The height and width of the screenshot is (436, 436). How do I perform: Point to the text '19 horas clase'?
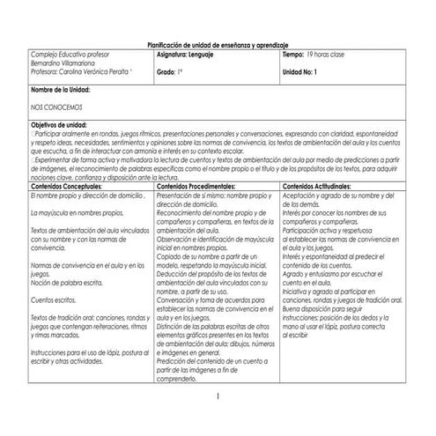pyautogui.click(x=339, y=54)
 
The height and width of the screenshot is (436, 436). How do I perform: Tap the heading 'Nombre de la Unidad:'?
pyautogui.click(x=61, y=90)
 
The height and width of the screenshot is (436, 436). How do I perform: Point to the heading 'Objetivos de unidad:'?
pyautogui.click(x=58, y=124)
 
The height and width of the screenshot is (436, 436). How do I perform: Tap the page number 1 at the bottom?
pyautogui.click(x=218, y=397)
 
